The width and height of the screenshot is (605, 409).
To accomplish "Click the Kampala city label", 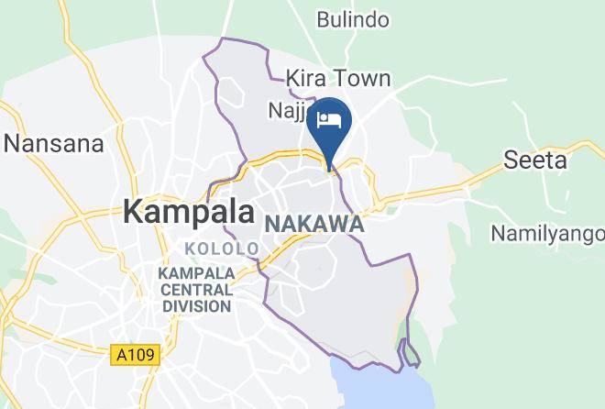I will click(x=189, y=212).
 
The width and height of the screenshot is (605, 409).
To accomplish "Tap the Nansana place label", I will click(x=53, y=143).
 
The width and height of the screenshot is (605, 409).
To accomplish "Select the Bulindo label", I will click(x=353, y=19).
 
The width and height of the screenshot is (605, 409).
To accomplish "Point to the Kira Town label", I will click(x=338, y=78).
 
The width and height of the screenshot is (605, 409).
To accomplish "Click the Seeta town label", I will click(x=535, y=160).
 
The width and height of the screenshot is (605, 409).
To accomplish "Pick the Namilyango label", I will click(x=547, y=233).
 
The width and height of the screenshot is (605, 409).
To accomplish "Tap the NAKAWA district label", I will click(x=314, y=225).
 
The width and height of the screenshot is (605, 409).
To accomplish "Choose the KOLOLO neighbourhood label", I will click(x=222, y=249).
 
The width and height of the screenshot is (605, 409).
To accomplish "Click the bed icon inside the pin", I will click(x=329, y=119).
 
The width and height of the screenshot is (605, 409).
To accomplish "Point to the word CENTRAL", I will click(x=195, y=290).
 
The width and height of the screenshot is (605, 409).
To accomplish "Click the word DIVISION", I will click(x=196, y=306).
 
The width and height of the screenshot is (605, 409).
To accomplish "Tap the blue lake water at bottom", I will click(x=367, y=385).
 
